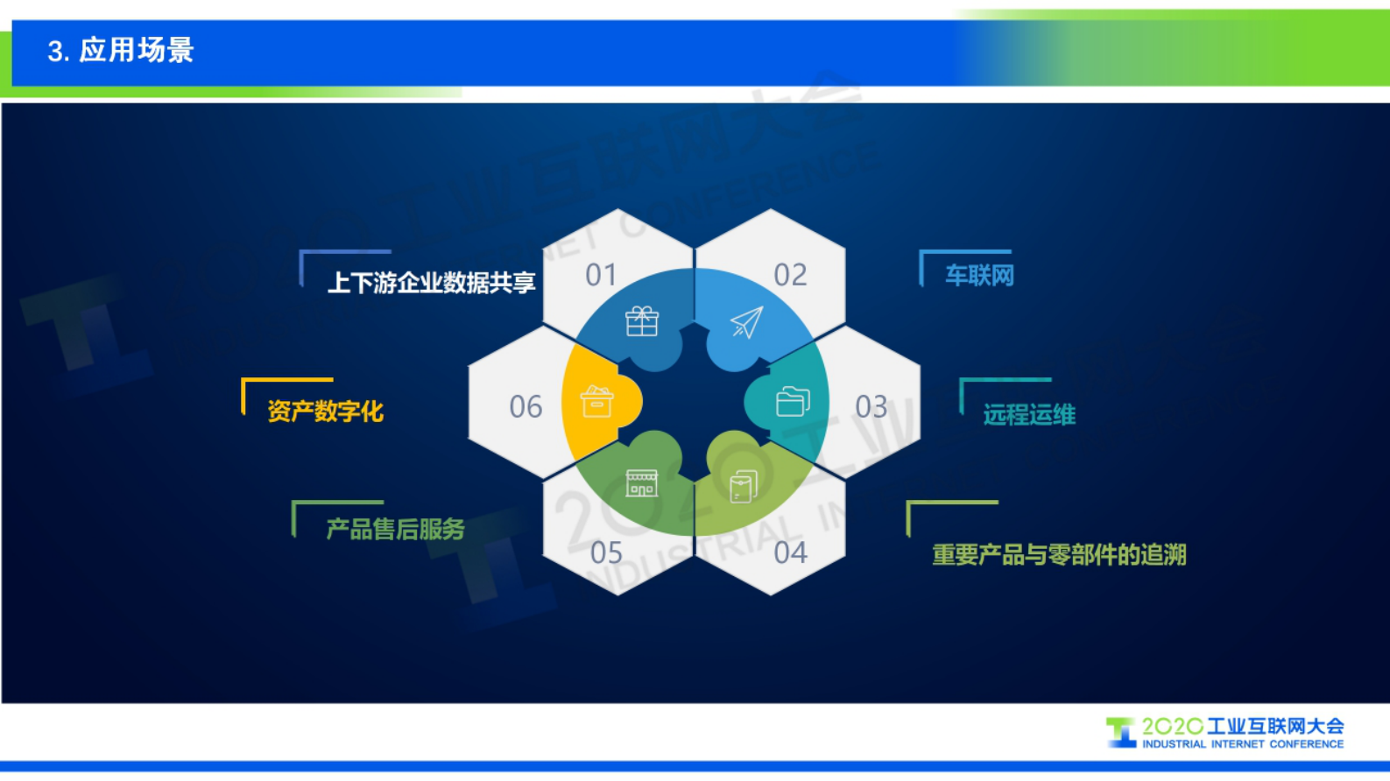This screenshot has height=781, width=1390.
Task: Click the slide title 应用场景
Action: [x=120, y=51]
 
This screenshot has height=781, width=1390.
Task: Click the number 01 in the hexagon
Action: [x=601, y=275]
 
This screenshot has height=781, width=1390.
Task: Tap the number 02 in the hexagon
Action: [x=790, y=275]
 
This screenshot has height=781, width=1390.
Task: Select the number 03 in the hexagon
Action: [x=871, y=407]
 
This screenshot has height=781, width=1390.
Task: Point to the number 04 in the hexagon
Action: [x=790, y=553]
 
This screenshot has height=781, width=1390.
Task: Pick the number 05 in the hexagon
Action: [x=606, y=553]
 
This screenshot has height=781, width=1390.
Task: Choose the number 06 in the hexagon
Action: [x=526, y=407]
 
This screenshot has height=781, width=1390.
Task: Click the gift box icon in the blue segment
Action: [x=642, y=321]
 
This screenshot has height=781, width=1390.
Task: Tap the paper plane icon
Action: [x=747, y=323]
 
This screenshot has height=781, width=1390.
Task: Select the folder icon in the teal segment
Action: [x=793, y=402]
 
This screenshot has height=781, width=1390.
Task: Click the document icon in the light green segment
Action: [x=743, y=487]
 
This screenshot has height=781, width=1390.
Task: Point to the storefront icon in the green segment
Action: [x=641, y=483]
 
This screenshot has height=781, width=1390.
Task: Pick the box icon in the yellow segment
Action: [x=596, y=402]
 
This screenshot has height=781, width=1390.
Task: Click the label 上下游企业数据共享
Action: [x=431, y=283]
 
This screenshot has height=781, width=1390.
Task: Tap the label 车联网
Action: [x=978, y=276]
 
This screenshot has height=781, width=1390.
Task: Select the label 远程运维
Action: [x=1028, y=414]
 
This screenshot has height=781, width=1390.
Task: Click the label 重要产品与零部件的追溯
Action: [x=1059, y=554]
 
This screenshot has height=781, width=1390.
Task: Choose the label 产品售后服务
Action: [x=395, y=529]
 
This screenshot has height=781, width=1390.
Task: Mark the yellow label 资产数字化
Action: [x=325, y=411]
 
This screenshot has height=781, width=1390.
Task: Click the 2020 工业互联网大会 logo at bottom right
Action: [x=1226, y=733]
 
